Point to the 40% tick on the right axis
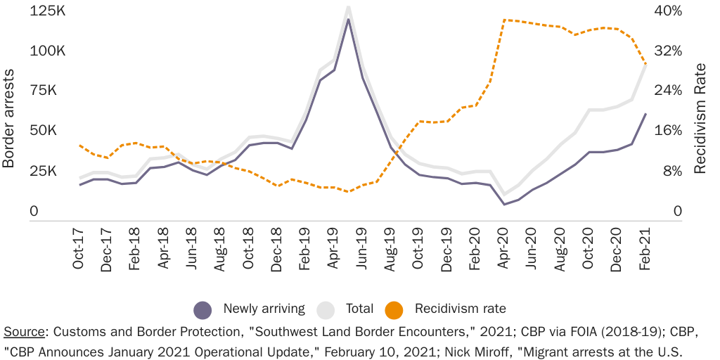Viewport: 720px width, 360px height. pos(668,11)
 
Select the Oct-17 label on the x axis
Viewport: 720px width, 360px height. pos(78,250)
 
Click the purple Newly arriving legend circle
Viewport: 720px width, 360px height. pos(202,309)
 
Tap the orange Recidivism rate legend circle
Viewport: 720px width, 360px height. pos(394,309)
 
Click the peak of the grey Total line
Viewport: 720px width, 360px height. pos(348,7)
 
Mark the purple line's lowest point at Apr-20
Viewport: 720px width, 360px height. pos(504,205)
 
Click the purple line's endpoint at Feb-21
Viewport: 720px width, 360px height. pos(645,114)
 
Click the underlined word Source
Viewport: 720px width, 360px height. pos(25,331)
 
